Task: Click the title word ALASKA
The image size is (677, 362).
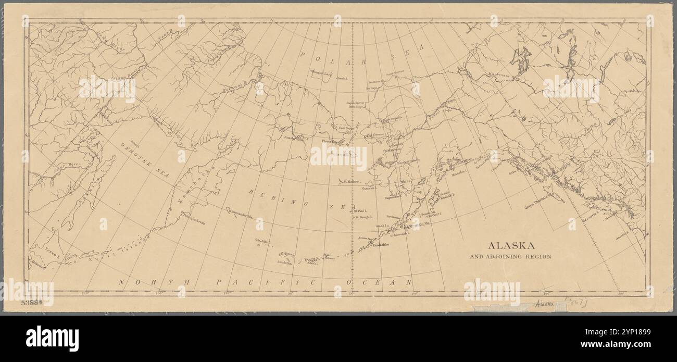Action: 510,246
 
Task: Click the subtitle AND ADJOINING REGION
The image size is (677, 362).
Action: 510,257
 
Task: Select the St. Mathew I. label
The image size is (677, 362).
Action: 353,182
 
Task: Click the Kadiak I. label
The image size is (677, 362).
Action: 447,196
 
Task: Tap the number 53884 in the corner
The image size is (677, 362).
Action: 32,303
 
